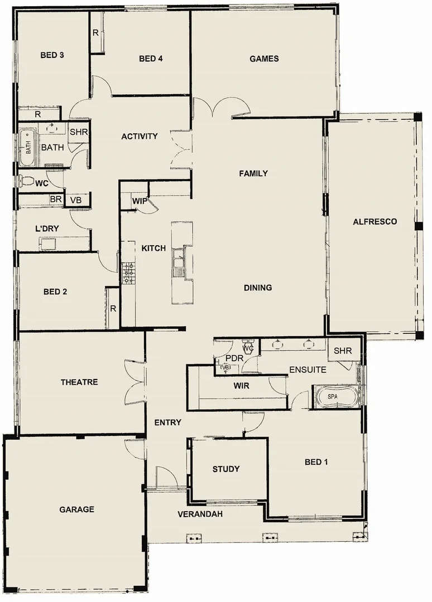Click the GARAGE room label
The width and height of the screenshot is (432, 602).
point(77,509)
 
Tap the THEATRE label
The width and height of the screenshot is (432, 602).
point(79,382)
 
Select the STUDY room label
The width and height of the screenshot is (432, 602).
point(226,469)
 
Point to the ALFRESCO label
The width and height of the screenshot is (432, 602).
point(375,221)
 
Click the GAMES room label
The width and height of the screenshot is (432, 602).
point(264,59)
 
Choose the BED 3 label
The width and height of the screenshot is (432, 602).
point(52,55)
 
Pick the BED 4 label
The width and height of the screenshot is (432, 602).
point(151,59)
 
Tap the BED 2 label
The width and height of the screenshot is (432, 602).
point(55,291)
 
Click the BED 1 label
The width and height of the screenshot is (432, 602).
point(316,462)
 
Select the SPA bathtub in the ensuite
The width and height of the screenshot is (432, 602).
point(333,396)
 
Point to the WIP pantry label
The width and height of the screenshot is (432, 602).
point(139,201)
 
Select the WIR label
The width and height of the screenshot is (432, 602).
point(242,385)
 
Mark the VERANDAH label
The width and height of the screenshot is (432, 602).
point(200,514)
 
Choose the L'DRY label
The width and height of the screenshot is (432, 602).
point(47,229)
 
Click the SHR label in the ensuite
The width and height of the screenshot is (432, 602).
point(343,351)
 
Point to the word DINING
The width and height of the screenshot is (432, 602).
point(258,288)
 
